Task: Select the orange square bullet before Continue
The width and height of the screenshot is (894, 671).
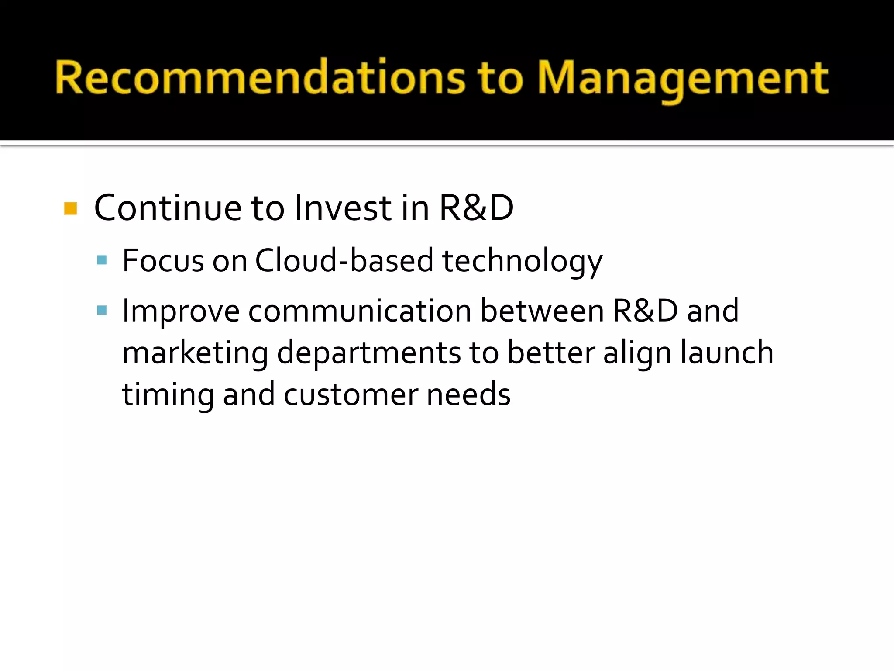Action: tap(70, 208)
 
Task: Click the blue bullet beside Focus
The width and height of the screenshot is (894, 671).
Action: tap(102, 260)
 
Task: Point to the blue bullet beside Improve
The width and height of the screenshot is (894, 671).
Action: tap(102, 310)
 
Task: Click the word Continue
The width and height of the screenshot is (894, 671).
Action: tap(168, 208)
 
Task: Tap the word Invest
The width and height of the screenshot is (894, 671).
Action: tap(343, 208)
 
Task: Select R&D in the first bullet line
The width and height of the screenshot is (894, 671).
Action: tap(476, 208)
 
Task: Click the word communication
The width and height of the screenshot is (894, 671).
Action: tap(360, 311)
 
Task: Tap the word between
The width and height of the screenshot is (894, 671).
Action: tap(542, 311)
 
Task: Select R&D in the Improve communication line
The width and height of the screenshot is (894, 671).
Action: tap(645, 311)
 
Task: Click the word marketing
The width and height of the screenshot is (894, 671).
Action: tap(195, 353)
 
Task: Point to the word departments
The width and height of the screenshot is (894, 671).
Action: tap(368, 353)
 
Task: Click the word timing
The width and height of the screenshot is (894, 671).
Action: tap(168, 394)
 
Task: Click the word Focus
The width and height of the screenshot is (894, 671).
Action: tap(163, 260)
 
